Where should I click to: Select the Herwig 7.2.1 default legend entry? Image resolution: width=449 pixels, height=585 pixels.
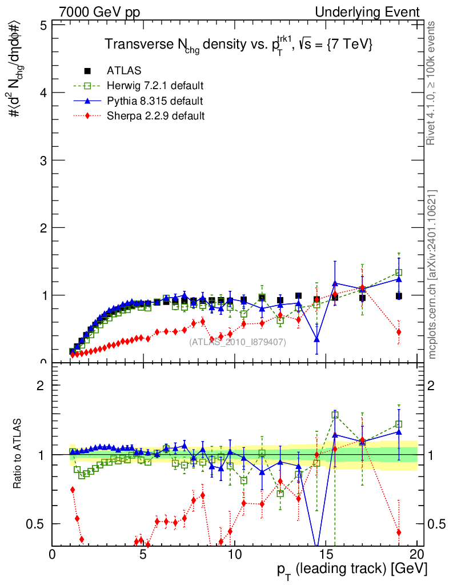[155, 86]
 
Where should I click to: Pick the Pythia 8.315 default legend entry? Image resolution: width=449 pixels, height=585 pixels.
[154, 101]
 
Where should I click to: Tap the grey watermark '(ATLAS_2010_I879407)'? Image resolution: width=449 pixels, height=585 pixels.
[238, 342]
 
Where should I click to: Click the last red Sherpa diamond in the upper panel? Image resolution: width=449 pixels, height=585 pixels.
[399, 332]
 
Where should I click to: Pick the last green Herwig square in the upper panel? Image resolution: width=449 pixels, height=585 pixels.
[399, 273]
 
